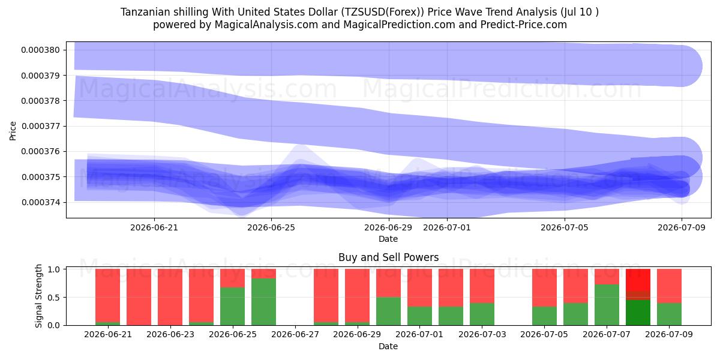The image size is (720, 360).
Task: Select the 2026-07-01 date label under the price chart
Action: (x=447, y=227)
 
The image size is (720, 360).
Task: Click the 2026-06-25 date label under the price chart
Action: (x=271, y=227)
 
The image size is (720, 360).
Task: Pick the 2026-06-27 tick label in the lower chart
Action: (x=295, y=334)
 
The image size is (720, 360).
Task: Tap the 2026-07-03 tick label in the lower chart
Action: (x=482, y=334)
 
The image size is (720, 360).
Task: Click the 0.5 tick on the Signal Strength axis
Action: (x=55, y=298)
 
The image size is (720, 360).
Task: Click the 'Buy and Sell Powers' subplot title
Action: (x=388, y=257)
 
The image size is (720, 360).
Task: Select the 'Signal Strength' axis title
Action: (x=38, y=296)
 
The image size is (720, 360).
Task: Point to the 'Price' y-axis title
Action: (x=13, y=131)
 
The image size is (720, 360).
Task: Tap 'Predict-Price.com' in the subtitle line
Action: (x=524, y=25)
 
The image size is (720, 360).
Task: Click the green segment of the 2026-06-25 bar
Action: (x=232, y=307)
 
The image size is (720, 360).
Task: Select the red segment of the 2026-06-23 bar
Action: (x=170, y=297)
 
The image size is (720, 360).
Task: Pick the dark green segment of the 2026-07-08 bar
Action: (x=638, y=313)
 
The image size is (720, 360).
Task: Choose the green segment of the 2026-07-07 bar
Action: (x=607, y=305)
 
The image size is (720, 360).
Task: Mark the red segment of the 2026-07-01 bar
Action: (x=419, y=287)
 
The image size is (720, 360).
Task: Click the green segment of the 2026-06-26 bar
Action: (x=263, y=302)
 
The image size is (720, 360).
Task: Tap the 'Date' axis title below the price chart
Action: (x=388, y=239)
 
